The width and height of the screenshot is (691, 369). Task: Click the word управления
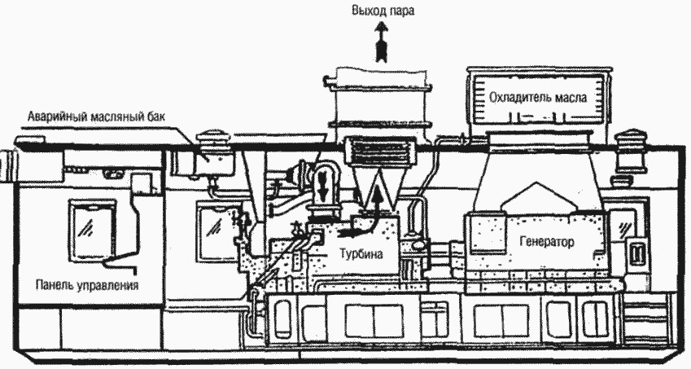coord(106,286)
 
